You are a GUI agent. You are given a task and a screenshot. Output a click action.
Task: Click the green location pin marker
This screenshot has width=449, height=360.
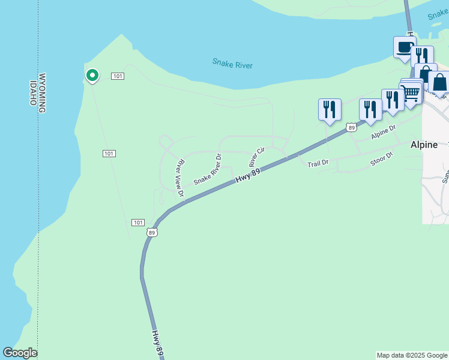92,76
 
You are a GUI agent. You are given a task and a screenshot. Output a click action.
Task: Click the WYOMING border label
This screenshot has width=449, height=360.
42,93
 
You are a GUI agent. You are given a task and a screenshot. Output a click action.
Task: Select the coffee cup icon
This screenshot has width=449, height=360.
405,47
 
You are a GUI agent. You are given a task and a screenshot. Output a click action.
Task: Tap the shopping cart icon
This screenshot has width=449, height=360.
411,93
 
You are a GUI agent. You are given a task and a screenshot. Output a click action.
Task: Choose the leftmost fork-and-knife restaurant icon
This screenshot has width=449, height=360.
330,110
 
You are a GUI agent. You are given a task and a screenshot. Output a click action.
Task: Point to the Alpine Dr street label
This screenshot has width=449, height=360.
384,133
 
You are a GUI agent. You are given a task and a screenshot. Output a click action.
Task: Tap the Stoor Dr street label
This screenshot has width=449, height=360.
381,160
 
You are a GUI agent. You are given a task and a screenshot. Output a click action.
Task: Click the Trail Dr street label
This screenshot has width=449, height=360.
318,163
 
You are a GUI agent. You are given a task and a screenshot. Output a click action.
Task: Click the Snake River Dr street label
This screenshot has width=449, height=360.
208,171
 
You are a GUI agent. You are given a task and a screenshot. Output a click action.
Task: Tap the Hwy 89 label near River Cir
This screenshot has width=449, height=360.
247,175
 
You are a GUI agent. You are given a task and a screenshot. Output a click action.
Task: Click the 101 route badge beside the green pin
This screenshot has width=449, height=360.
118,76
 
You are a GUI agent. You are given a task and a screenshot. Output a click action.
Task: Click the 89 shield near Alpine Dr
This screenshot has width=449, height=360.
351,128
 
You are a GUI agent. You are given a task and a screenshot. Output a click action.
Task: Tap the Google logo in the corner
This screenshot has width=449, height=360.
20,353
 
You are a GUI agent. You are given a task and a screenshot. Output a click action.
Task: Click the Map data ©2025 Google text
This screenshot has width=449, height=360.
412,355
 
